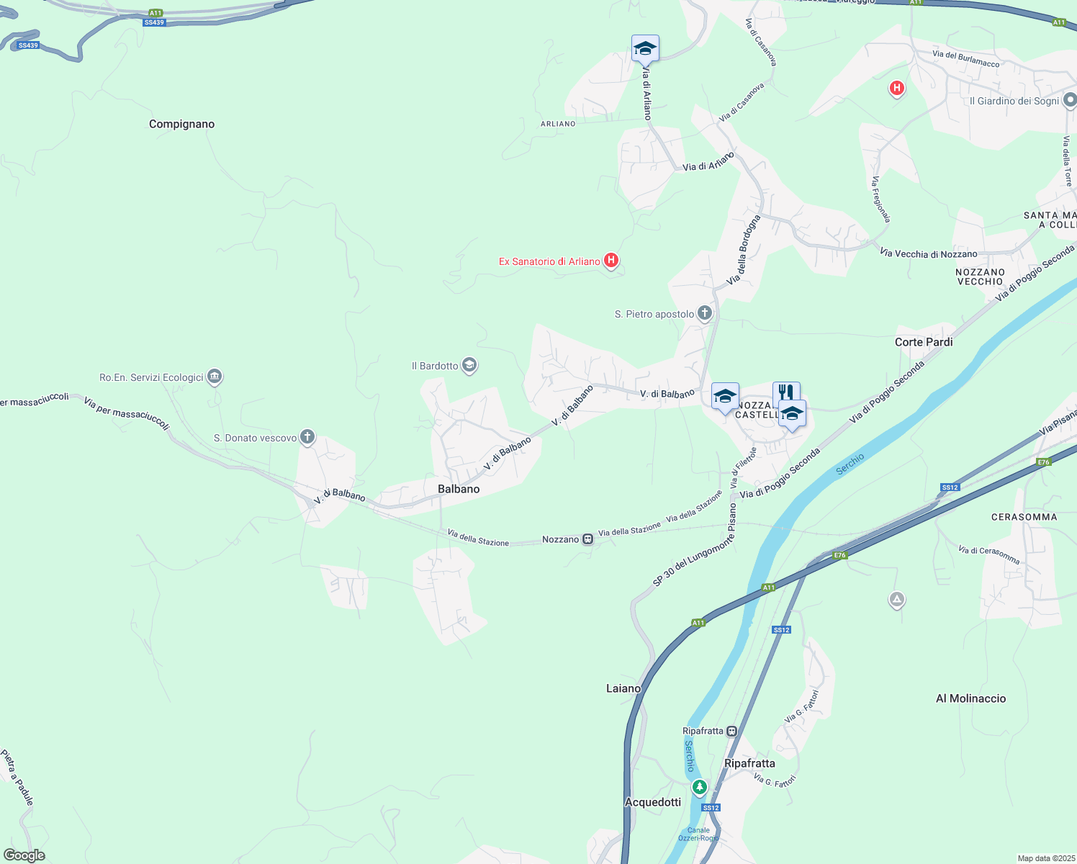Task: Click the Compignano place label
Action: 181,124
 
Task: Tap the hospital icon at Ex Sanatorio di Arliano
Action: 611,261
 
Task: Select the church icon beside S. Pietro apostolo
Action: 705,313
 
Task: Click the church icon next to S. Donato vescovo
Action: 307,437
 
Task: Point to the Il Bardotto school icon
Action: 469,366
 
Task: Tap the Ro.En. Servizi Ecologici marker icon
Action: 215,377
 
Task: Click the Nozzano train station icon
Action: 588,539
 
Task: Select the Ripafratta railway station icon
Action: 732,731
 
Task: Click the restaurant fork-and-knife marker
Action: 786,393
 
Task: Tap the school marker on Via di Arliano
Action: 645,49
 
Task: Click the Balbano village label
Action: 459,489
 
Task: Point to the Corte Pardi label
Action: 924,342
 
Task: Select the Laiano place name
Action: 623,688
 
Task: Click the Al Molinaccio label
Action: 970,698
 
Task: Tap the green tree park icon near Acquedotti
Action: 699,787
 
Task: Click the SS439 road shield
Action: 154,22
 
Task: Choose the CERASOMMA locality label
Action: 1024,517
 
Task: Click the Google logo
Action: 24,855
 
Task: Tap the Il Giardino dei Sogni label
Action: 1014,101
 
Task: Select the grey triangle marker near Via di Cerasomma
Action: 896,599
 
